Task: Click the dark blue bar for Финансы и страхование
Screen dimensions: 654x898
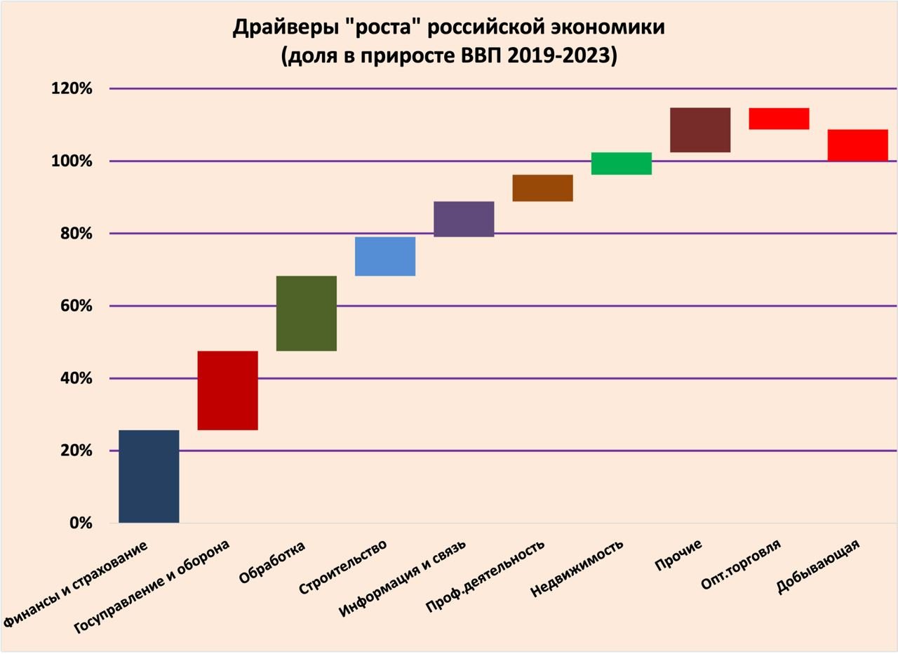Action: (149, 476)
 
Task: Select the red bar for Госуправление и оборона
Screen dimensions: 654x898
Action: (227, 390)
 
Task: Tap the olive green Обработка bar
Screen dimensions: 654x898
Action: (307, 313)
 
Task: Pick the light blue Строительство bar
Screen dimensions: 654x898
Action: (385, 256)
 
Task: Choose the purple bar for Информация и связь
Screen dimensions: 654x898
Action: (464, 219)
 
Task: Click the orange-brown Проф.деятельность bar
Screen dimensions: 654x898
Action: (542, 188)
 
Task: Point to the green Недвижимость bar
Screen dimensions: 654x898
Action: (622, 163)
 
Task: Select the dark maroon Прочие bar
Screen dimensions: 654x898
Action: (700, 130)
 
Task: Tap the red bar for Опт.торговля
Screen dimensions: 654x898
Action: (779, 119)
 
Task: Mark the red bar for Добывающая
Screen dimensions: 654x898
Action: (857, 145)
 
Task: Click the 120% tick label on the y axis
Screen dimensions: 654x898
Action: (72, 89)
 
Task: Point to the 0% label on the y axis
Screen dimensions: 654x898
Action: (81, 523)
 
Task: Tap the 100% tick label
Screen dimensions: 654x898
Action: (72, 161)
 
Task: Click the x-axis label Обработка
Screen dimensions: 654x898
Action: (272, 562)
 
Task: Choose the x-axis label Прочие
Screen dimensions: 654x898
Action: (678, 554)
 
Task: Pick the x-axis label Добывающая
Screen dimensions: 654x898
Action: (818, 567)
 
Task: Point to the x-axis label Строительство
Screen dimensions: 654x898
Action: (342, 567)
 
